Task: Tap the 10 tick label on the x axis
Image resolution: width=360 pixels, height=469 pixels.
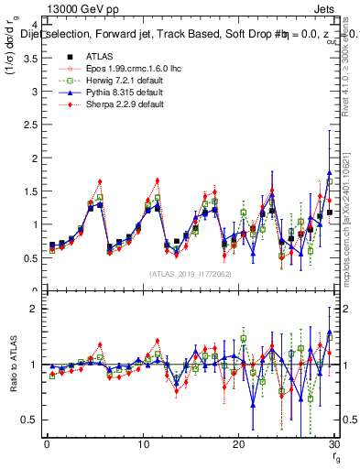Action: coord(142,444)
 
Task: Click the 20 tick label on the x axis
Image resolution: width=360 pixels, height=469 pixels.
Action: coord(237,444)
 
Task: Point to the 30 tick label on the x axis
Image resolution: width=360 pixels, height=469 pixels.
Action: coord(333,444)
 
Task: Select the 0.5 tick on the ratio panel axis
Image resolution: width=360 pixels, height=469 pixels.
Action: coord(29,420)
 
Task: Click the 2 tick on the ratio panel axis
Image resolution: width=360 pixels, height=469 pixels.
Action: coord(34,309)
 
